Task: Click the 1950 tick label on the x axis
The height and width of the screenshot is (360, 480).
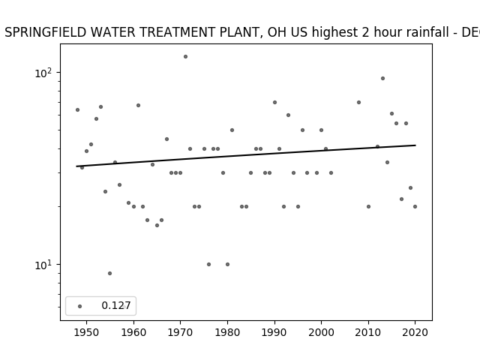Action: coord(86,332)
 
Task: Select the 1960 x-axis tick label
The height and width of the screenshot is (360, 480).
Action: coord(133,332)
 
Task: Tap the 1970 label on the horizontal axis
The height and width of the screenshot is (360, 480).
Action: coord(180,332)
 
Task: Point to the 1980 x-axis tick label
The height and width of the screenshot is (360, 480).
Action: coord(227,332)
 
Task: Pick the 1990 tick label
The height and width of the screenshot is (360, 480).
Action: coord(274,332)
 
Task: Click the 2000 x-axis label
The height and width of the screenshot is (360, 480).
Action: coord(321,332)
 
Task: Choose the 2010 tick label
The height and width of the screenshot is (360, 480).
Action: coord(368,332)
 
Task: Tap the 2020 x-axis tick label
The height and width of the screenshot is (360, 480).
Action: coord(415,332)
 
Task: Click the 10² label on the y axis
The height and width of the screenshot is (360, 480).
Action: coord(43,73)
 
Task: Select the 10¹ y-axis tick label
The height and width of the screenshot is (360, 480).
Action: coord(43,265)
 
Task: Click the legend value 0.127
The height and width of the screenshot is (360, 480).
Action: coord(116,305)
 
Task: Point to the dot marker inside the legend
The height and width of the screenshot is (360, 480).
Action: coord(80,306)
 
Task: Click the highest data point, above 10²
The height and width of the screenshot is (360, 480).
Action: coord(185,57)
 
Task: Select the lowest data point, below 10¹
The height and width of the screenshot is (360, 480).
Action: coord(110,273)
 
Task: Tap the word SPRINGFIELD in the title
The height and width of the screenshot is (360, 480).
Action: coord(46,32)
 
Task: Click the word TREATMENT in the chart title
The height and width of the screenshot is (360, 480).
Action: coord(178,32)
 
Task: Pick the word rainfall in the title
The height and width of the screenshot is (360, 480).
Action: coord(426,32)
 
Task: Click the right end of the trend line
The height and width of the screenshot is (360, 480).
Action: coord(415,145)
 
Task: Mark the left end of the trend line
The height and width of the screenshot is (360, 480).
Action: coord(76,166)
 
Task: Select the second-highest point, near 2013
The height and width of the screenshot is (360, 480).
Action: coord(382,78)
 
